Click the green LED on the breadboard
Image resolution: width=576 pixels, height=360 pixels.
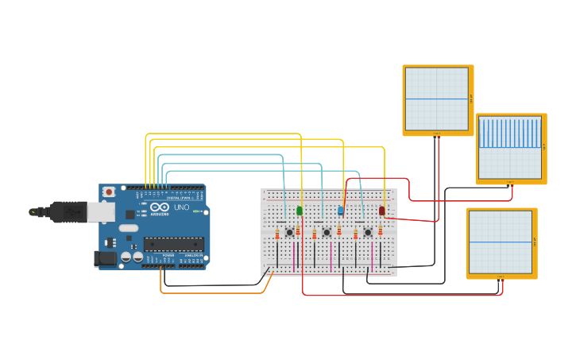pos(300,211)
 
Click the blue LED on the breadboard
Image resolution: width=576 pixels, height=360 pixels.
pos(341,211)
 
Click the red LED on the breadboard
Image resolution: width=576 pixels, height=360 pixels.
pos(382,211)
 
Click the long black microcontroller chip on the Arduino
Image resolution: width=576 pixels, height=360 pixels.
pos(172,245)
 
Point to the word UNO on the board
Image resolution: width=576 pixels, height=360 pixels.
pos(181,207)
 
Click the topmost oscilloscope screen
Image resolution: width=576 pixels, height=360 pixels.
pos(437,99)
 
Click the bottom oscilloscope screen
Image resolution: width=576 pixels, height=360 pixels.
pos(501,242)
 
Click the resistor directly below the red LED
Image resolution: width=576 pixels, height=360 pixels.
pos(381,230)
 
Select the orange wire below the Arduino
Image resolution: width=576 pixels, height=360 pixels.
pos(215,292)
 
